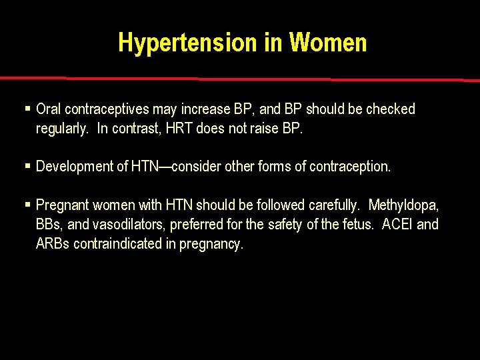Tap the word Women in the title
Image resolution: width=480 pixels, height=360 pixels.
pyautogui.click(x=327, y=43)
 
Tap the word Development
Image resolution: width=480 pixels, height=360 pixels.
pyautogui.click(x=75, y=167)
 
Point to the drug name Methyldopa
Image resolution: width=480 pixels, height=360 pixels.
pyautogui.click(x=403, y=205)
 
